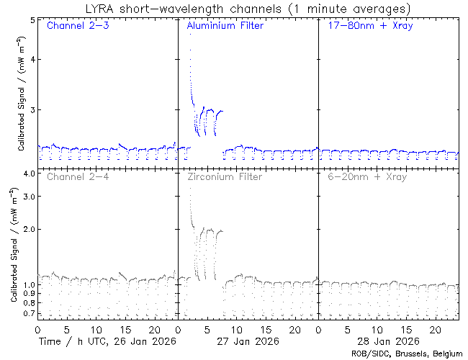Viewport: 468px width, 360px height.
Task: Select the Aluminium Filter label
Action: tap(225, 27)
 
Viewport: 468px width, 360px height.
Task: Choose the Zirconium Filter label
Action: tap(225, 176)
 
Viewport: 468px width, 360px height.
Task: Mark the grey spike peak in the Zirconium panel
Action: tap(189, 189)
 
